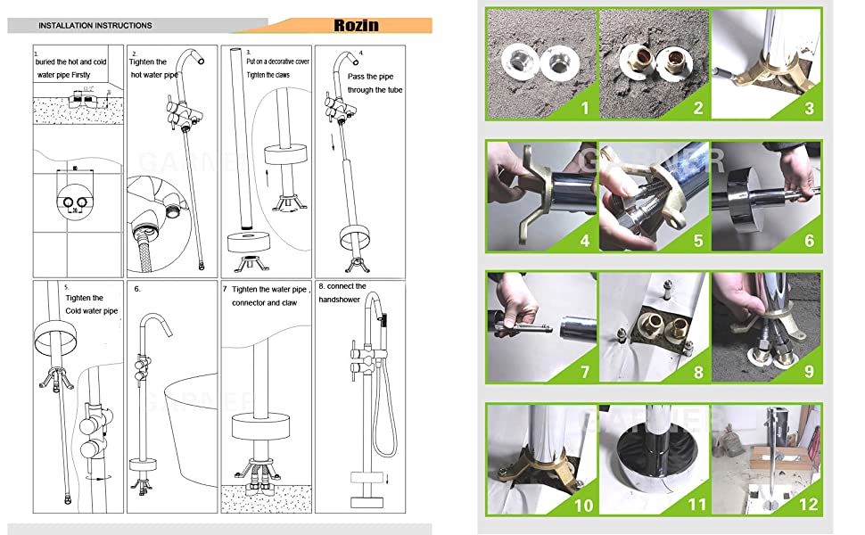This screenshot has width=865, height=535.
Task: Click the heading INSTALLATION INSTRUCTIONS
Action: pos(95,26)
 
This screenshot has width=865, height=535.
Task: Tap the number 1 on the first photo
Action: pos(585,109)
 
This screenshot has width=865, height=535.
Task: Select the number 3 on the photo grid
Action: pos(810,109)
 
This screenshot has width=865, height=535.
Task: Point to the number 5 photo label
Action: pos(697,240)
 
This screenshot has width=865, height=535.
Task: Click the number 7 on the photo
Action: pos(585,370)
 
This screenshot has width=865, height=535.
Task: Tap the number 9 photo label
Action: pos(810,370)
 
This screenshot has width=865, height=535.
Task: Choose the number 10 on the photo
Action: pos(585,504)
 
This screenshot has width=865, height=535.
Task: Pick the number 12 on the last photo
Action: pos(810,504)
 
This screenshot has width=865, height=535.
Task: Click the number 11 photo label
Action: pos(697,504)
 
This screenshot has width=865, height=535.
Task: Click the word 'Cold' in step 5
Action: pos(78,311)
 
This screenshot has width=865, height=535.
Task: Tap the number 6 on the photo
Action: pos(810,240)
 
